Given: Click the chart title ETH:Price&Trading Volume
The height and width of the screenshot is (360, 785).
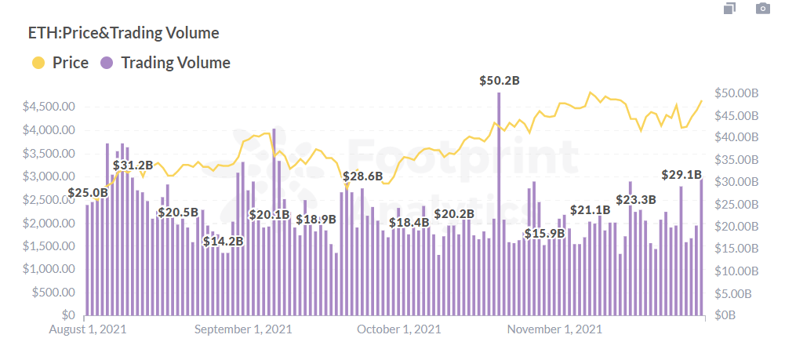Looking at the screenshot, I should (x=123, y=33).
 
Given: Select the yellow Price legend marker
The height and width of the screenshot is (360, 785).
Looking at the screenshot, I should (x=38, y=63).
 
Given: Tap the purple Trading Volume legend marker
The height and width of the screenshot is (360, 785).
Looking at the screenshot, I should (x=108, y=63).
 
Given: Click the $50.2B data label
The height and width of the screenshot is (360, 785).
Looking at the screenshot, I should (x=500, y=81).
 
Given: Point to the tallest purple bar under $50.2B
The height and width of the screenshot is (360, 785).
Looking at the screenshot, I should (x=498, y=204).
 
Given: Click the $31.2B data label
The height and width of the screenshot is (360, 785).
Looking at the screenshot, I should (x=133, y=165).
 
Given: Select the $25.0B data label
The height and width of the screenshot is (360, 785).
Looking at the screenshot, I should (x=88, y=192).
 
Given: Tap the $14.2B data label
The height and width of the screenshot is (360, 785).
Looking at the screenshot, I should (x=224, y=242).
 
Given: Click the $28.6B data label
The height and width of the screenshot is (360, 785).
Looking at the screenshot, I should (x=362, y=176).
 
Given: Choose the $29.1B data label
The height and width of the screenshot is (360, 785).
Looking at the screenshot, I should (x=681, y=174).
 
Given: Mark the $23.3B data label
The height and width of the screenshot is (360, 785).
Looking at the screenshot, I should (x=635, y=200).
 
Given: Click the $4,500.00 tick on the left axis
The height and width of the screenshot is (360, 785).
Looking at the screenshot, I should (x=49, y=107).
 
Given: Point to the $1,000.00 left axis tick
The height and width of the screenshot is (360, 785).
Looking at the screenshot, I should (x=49, y=269).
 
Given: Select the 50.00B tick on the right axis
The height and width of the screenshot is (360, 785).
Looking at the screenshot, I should (x=737, y=93).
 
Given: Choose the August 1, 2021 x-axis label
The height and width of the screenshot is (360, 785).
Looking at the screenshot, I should (x=87, y=329).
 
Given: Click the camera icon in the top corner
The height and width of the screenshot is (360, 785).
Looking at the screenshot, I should (x=762, y=9).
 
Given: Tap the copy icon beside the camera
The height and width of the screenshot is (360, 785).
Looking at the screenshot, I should (x=730, y=9).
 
